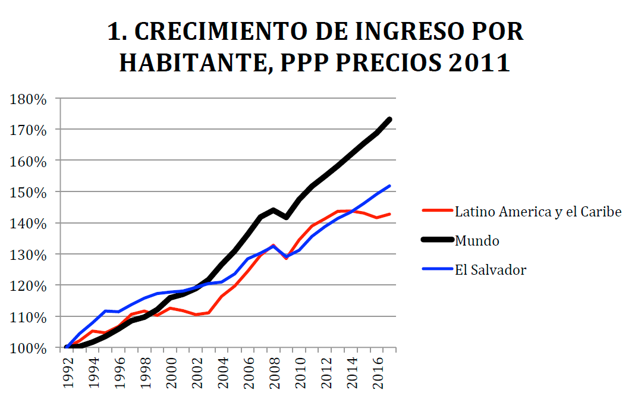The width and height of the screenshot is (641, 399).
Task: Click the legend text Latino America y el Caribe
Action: click(538, 211)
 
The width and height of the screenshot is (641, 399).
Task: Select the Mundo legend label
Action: click(477, 240)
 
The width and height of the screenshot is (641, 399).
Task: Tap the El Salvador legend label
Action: click(491, 269)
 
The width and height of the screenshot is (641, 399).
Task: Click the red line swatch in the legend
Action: click(437, 211)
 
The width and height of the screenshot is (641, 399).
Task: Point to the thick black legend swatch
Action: click(437, 240)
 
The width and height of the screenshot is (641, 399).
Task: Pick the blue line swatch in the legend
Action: click(437, 269)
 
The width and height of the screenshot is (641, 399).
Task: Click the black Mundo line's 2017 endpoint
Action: click(390, 120)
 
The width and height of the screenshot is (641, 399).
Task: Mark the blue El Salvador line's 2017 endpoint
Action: click(390, 186)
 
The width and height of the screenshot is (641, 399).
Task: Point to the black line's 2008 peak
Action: click(274, 210)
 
